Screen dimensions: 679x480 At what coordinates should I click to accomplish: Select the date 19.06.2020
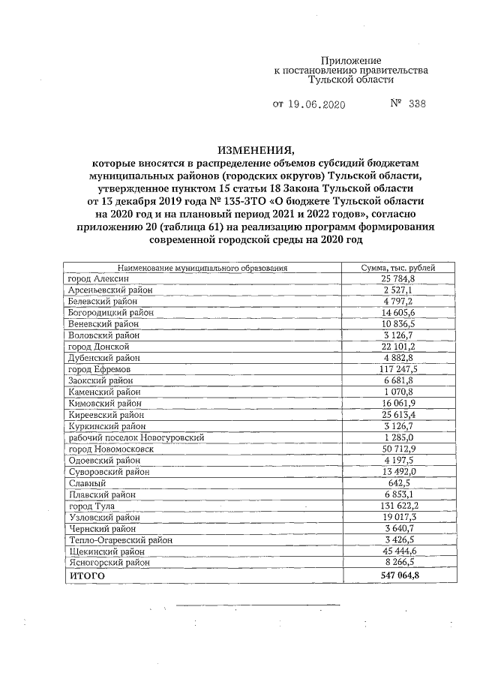point(316,105)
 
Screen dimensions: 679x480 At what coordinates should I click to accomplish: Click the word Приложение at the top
point(351,59)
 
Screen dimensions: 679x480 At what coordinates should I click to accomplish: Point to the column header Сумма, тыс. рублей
point(397,268)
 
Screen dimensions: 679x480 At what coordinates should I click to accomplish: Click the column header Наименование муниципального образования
point(202,268)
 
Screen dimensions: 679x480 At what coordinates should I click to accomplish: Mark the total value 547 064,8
point(397,575)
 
